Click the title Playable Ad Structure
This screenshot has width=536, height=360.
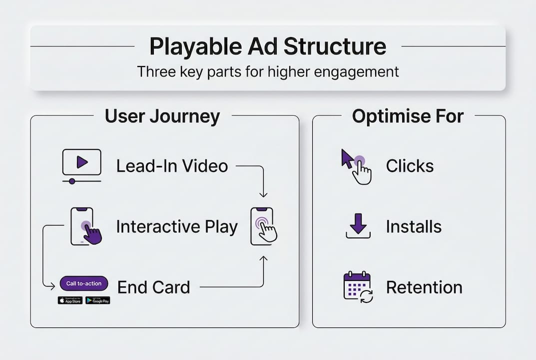[x=268, y=46]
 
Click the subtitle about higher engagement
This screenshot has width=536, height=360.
[x=268, y=71]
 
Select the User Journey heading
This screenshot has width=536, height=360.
[x=162, y=116]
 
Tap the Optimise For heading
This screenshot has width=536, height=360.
[x=408, y=116]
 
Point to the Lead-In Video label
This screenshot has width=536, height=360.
[x=172, y=166]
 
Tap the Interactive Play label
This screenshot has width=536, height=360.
[x=177, y=227]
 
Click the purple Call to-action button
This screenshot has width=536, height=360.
[x=84, y=283]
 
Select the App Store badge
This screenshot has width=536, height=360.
[x=70, y=300]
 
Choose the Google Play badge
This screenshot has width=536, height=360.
[x=98, y=300]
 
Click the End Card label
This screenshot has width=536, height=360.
[x=153, y=287]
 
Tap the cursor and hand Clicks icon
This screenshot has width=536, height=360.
[x=357, y=166]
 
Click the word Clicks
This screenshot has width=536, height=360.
[x=410, y=166]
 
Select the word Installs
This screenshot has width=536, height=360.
[x=414, y=227]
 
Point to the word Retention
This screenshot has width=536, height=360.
[x=424, y=287]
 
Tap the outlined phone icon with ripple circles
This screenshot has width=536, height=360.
[x=263, y=226]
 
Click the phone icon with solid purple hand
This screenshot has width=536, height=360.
[x=85, y=226]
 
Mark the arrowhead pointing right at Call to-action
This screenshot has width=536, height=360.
[x=52, y=286]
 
